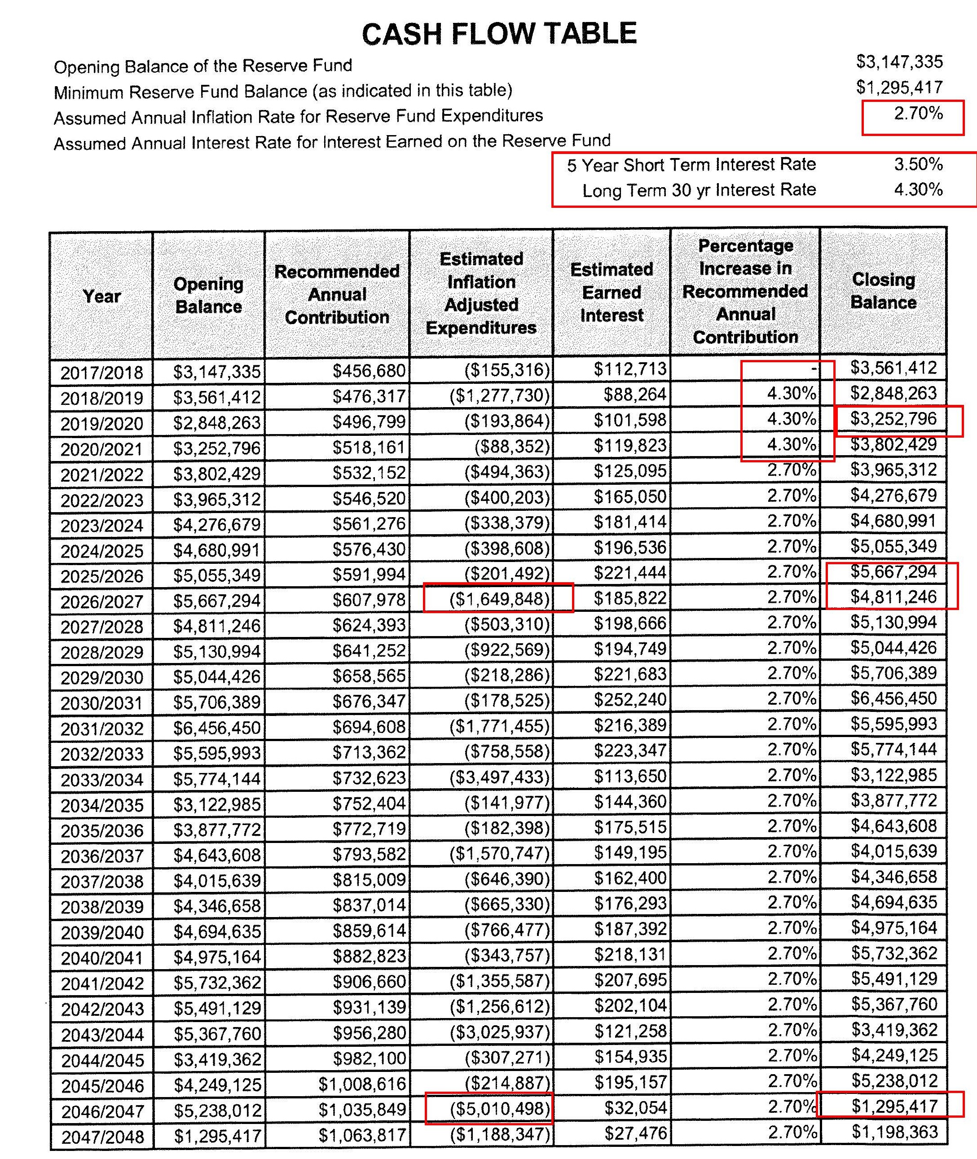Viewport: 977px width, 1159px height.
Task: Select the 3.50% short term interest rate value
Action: pos(918,164)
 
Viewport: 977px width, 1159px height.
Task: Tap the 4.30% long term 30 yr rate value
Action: pos(918,190)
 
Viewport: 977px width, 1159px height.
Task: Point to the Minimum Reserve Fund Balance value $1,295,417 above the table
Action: pos(899,88)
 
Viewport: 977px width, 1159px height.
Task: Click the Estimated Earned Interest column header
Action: pos(612,292)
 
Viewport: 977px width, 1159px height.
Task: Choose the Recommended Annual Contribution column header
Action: pos(337,294)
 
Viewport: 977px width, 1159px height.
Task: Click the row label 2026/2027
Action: pos(102,601)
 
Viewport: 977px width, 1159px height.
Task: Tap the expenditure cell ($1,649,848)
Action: pos(499,599)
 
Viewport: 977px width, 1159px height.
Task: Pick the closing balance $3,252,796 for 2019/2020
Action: pos(893,419)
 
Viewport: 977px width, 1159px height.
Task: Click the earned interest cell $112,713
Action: pos(630,369)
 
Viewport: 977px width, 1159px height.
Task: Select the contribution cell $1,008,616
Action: pos(362,1084)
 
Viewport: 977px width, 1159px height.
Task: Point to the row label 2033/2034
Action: pos(102,780)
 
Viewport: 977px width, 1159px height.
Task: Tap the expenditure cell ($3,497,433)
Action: pos(499,777)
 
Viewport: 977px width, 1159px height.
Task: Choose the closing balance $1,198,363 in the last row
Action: pos(894,1133)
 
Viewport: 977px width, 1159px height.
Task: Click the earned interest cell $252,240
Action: pos(630,700)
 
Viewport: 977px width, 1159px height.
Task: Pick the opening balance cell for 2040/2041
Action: pos(216,957)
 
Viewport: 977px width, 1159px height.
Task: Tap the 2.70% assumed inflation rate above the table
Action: pos(918,114)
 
